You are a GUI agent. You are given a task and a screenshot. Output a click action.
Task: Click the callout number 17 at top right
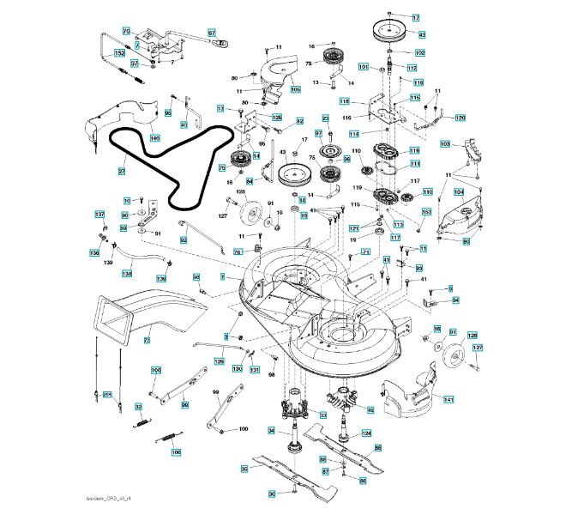pos(417,18)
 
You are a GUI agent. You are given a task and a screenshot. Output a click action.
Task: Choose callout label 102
pos(420,52)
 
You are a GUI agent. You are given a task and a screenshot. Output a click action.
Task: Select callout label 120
pos(460,118)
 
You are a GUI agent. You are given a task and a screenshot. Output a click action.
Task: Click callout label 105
pos(296,88)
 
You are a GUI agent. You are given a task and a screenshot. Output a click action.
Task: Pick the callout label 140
pos(155,137)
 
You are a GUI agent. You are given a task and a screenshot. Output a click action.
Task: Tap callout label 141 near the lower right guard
pos(448,399)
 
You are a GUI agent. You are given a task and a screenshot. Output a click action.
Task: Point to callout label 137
pos(99,215)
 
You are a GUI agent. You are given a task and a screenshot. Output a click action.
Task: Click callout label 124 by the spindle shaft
pos(367,433)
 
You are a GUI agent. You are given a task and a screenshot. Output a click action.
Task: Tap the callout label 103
pos(445,144)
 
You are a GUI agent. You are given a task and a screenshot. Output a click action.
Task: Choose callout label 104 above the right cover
pos(459,192)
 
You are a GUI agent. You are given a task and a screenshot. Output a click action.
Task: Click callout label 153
pos(426,212)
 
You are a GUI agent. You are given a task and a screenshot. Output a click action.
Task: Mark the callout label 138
pos(126,274)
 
